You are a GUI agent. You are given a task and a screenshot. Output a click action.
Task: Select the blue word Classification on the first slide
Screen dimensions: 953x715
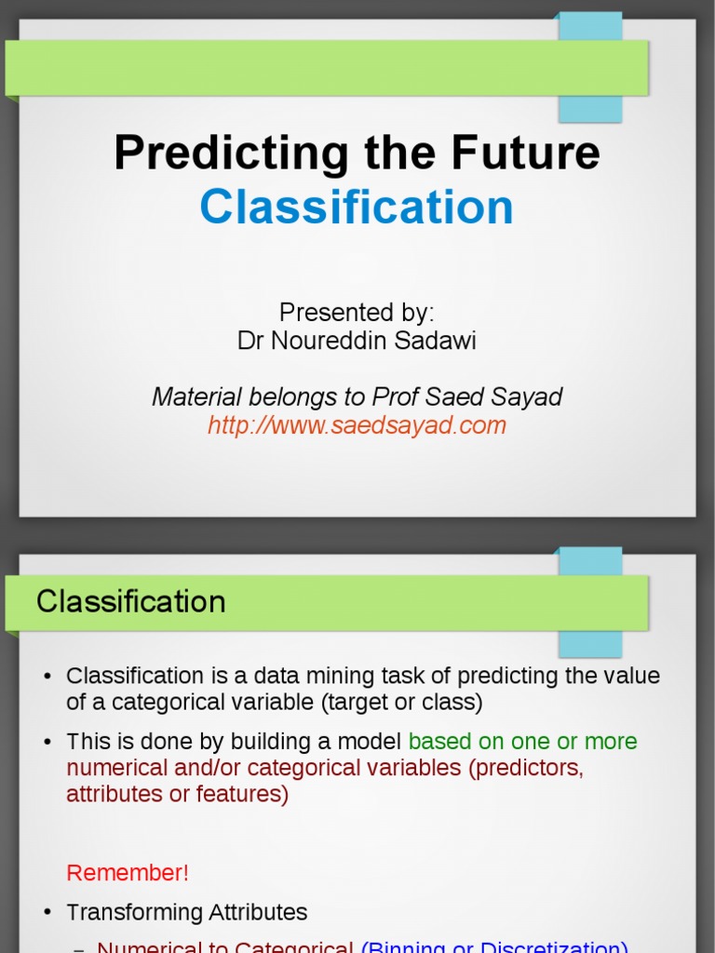[357, 207]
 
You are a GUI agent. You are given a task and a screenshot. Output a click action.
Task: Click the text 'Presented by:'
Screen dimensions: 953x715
[357, 313]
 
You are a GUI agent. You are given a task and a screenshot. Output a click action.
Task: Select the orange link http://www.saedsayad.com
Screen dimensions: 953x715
[357, 425]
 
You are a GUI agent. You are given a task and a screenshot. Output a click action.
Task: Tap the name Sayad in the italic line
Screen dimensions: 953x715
[526, 397]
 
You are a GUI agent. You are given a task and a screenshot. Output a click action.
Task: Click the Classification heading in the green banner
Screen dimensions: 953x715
[131, 601]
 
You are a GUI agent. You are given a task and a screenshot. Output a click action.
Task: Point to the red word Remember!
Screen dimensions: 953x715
[128, 873]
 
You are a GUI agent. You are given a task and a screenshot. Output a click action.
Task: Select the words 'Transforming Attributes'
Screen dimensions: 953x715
[186, 912]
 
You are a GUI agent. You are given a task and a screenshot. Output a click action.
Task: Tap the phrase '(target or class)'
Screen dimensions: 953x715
[402, 702]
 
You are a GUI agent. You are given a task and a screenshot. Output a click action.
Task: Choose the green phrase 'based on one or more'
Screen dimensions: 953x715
[522, 742]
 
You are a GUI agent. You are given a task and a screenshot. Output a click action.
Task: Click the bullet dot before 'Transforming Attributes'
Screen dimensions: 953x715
[47, 913]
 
